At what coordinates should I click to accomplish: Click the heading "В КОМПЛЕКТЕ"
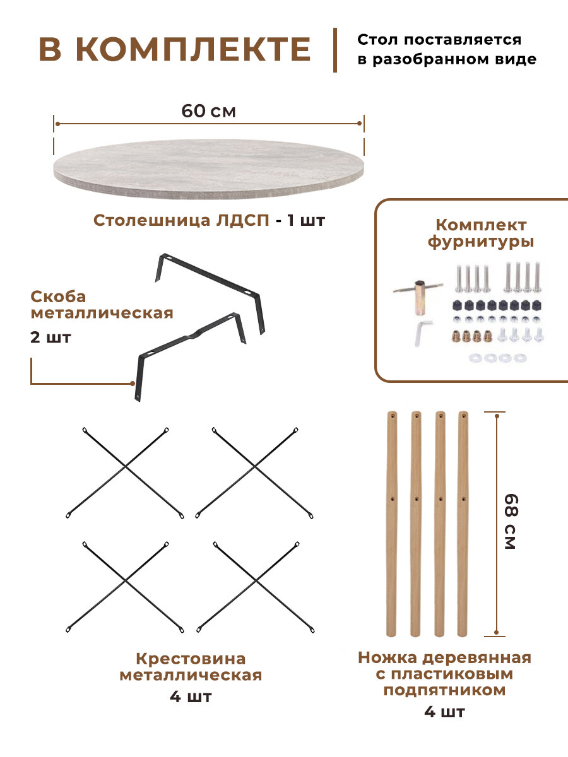(x=175, y=50)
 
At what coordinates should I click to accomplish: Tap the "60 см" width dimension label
(x=208, y=111)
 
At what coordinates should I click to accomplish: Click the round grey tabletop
(x=209, y=165)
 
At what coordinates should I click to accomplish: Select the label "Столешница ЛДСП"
(x=182, y=221)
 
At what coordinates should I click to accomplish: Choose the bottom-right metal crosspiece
(x=255, y=587)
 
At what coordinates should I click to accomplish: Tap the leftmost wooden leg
(x=392, y=523)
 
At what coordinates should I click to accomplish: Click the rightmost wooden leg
(x=464, y=523)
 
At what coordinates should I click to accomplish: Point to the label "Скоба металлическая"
(x=101, y=305)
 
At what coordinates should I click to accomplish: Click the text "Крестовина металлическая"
(x=191, y=667)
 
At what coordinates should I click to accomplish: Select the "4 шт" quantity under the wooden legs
(x=444, y=713)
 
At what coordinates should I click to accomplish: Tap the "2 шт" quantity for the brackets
(x=50, y=337)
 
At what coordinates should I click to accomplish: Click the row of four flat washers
(x=497, y=358)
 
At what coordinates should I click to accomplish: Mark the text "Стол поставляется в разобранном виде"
(x=447, y=50)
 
